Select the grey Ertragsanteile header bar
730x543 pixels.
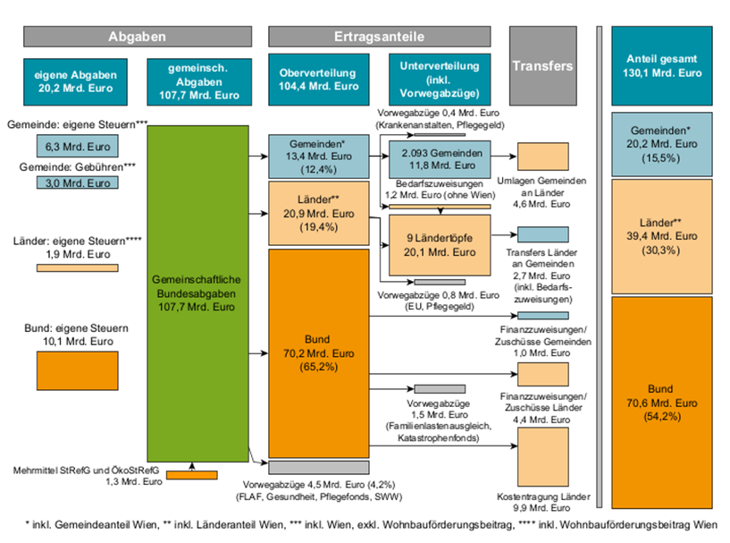(379, 37)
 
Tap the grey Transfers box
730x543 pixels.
(542, 66)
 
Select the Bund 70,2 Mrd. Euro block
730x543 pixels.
(320, 352)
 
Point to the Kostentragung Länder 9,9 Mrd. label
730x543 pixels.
(542, 500)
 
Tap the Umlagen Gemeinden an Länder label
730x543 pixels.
(542, 192)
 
